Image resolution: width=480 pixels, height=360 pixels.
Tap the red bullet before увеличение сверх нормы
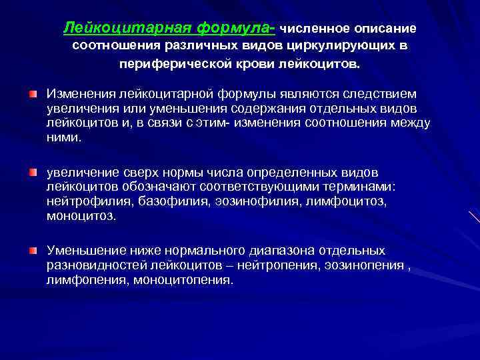pyautogui.click(x=33, y=173)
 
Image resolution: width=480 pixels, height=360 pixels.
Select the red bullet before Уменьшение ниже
pyautogui.click(x=33, y=250)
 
